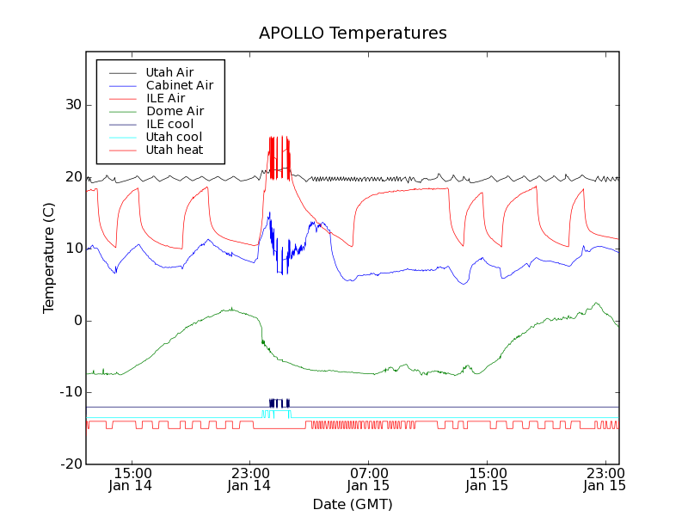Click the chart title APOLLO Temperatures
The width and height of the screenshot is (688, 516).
tap(353, 34)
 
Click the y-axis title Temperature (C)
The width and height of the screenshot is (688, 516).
tap(49, 257)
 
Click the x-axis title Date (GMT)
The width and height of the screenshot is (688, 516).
tap(353, 504)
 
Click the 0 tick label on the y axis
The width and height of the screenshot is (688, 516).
tap(76, 321)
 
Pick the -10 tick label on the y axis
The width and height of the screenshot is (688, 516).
tap(68, 392)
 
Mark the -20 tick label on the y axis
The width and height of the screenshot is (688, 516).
tap(68, 464)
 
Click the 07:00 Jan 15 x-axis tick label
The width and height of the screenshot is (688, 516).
tap(368, 479)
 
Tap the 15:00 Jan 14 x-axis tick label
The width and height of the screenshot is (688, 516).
tap(132, 479)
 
